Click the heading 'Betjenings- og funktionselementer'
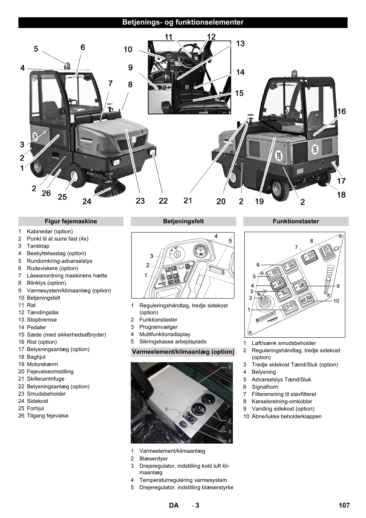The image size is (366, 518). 183,22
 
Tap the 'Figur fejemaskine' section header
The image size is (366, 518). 71,221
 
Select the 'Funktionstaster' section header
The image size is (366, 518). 296,221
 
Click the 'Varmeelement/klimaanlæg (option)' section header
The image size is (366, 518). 183,352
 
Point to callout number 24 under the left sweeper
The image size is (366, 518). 87,201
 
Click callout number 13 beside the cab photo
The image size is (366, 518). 240,43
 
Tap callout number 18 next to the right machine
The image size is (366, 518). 341,195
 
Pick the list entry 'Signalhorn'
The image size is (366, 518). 265,387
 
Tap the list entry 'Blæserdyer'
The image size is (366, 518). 153,459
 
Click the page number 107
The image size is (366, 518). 344,505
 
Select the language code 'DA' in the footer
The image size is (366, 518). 174,505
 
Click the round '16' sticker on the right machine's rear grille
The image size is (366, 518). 315,149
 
